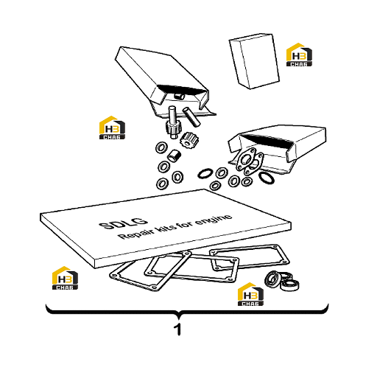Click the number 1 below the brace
[x=177, y=329]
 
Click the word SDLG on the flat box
[x=123, y=223]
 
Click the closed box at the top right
[x=254, y=61]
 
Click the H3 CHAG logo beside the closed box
[x=299, y=55]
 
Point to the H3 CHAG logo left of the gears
[x=112, y=128]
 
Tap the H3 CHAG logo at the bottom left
[x=65, y=278]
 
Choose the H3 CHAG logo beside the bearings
[x=250, y=294]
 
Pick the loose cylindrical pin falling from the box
[x=191, y=117]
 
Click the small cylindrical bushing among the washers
[x=174, y=156]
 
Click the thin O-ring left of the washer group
[x=205, y=173]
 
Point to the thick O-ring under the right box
[x=267, y=178]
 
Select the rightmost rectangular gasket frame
[x=249, y=258]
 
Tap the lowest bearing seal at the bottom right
[x=290, y=285]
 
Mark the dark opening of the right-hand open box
[x=267, y=140]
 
